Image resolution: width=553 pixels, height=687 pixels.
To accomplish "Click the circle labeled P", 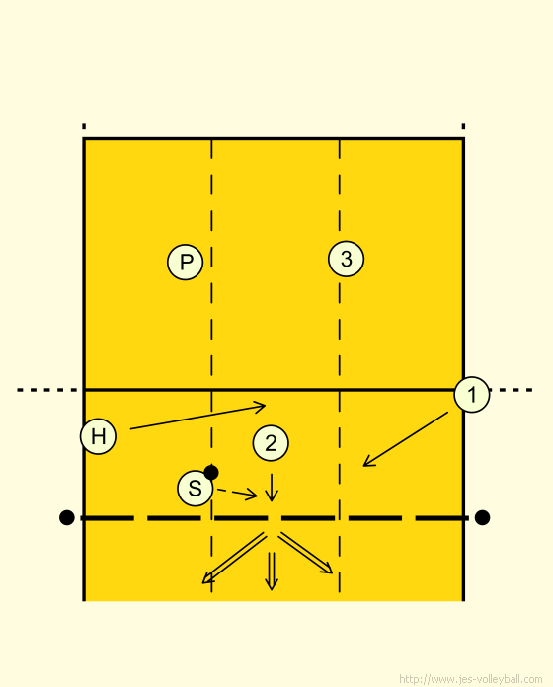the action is click(x=186, y=262).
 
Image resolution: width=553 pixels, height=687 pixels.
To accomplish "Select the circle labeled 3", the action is click(x=347, y=259).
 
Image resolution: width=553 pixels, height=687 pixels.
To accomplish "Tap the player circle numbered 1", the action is click(x=472, y=394).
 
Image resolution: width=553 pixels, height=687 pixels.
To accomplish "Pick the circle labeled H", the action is click(x=98, y=436).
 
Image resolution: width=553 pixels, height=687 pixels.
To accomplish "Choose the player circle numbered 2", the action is click(x=271, y=443).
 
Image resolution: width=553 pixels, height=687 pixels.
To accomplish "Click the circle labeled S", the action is click(x=195, y=488).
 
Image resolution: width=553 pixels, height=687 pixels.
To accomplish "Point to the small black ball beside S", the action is click(x=211, y=472).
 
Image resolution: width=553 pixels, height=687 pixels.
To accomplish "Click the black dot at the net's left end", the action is click(x=66, y=517).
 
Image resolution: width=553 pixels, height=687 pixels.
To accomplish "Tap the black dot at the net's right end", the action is click(x=482, y=517).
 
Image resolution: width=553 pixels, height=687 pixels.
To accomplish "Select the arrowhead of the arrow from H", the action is click(x=262, y=406).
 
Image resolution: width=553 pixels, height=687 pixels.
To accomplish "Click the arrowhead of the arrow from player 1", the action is click(x=368, y=462).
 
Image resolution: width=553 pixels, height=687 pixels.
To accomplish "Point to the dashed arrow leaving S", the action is click(x=237, y=493).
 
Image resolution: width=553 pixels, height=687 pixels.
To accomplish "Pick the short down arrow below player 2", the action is click(x=272, y=488).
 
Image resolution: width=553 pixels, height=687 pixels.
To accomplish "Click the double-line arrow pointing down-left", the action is click(x=234, y=559).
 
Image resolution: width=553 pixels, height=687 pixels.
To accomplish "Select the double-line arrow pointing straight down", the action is click(x=272, y=571).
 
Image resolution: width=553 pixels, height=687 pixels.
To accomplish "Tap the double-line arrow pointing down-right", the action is click(x=306, y=553).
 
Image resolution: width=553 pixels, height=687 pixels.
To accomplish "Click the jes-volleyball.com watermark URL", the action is click(x=471, y=679).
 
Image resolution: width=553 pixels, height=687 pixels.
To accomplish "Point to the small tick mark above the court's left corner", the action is click(x=84, y=127).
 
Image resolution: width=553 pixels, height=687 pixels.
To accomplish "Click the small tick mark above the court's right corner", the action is click(x=463, y=127).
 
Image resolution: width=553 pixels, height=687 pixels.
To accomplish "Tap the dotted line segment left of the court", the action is click(x=47, y=390).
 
